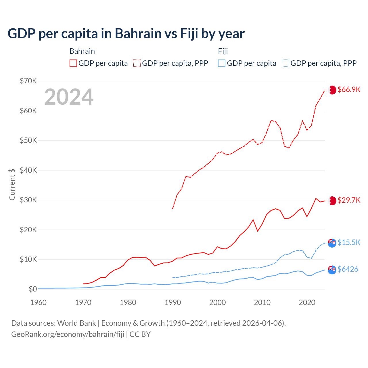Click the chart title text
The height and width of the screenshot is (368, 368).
(126, 34)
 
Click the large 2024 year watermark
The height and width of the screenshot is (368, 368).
(69, 97)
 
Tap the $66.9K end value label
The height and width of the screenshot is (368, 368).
(349, 89)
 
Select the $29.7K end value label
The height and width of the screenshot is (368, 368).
(349, 200)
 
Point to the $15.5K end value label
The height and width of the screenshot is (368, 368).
(349, 242)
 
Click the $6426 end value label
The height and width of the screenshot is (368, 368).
(348, 269)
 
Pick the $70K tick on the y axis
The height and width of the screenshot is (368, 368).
(28, 81)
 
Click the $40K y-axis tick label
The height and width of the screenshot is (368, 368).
(28, 170)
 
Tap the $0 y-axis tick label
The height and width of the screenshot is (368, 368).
(33, 289)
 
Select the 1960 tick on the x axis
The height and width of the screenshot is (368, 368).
(38, 302)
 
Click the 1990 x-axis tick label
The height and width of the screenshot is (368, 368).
(173, 302)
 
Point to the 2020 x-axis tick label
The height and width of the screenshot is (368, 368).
(307, 302)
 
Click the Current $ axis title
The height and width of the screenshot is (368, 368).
(12, 184)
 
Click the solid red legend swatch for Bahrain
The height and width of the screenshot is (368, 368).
(73, 63)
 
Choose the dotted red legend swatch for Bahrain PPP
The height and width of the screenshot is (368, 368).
(137, 63)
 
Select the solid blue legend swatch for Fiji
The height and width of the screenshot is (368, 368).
(222, 63)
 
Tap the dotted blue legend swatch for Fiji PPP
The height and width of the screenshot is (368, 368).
(285, 63)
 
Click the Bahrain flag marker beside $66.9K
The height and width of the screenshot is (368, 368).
(332, 90)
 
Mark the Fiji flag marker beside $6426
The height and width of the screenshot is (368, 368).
(332, 270)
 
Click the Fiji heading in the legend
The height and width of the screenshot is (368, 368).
(223, 51)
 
